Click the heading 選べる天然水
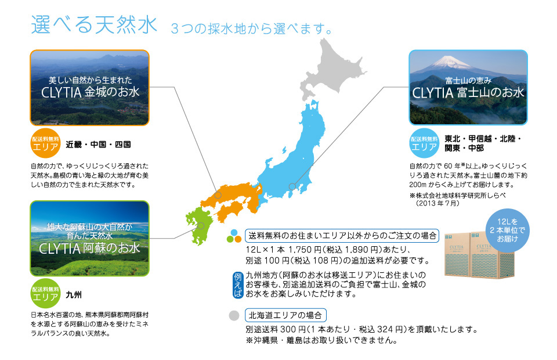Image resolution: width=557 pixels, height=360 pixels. tap(94, 24)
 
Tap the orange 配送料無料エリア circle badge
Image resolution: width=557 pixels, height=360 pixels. tap(45, 143)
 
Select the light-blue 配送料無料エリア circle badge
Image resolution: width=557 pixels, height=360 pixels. tap(424, 143)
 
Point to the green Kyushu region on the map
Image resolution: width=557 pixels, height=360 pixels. tap(199, 226)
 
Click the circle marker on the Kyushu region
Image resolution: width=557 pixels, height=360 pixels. tap(201, 226)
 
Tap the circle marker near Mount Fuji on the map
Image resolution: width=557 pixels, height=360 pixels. tap(292, 186)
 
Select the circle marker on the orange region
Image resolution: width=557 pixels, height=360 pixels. tap(218, 195)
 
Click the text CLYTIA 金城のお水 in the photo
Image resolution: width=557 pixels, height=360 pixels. tap(91, 92)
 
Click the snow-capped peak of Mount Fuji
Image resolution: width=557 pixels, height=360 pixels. tap(449, 61)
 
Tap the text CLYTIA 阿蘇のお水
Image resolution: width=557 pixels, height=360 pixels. tap(89, 248)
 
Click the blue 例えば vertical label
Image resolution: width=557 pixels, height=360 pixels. tap(238, 285)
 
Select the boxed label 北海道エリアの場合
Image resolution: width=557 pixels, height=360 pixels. tap(285, 315)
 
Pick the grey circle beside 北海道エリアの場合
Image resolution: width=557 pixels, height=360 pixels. tap(234, 315)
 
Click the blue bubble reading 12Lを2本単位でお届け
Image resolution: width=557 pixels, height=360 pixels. tap(507, 231)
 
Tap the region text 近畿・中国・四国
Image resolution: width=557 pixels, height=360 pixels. tap(99, 144)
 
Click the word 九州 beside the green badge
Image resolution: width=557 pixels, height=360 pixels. tap(74, 294)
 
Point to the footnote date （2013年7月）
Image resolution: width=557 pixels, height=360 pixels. tap(437, 203)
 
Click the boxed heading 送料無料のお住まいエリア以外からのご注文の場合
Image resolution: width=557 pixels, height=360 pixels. tap(342, 236)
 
